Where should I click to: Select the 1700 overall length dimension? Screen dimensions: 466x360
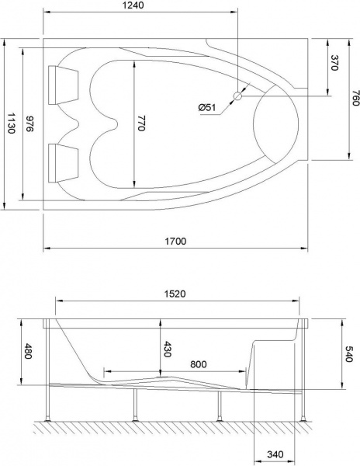pyautogui.click(x=176, y=241)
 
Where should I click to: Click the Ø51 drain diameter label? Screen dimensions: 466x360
pyautogui.click(x=207, y=106)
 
